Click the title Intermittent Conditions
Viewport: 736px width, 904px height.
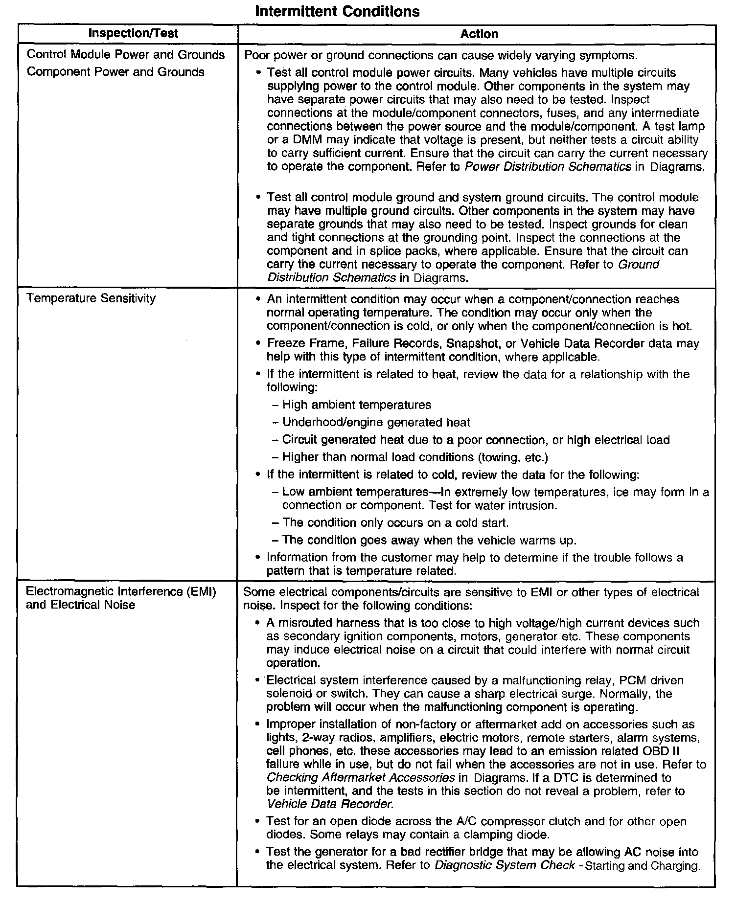(x=337, y=11)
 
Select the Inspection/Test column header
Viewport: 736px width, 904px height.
(x=133, y=33)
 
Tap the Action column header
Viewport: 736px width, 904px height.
(x=479, y=34)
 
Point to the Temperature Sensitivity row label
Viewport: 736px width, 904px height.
(x=91, y=298)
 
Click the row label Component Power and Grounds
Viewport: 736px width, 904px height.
(x=115, y=72)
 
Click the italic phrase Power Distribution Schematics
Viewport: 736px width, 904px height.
(x=547, y=167)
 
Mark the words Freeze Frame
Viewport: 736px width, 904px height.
(x=299, y=343)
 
